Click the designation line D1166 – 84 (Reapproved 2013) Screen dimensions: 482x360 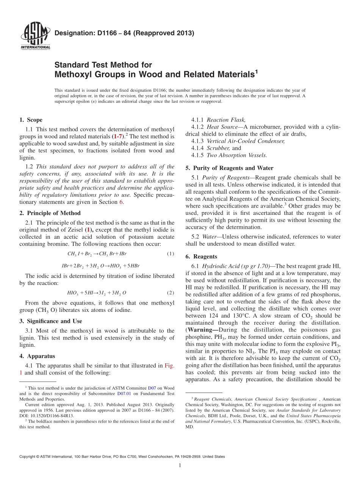(124, 33)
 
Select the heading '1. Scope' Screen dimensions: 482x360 (31, 120)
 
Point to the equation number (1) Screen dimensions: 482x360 (170, 254)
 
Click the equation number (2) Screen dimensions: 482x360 (170, 293)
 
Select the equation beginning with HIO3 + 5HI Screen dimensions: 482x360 (97, 293)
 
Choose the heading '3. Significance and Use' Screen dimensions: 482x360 (50, 321)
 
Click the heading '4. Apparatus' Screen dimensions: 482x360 (37, 356)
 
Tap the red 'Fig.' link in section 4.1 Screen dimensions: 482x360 (169, 366)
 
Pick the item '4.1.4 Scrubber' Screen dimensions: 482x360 (216, 148)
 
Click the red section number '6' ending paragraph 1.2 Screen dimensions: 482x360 (122, 202)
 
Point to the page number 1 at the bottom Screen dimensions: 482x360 (180, 465)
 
